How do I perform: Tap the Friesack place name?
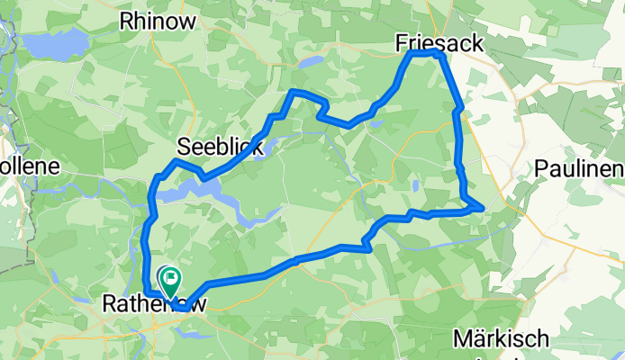click(x=439, y=43)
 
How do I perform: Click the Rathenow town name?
click(x=155, y=304)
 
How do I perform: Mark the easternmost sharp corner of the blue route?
click(x=484, y=209)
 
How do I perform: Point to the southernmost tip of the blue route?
click(x=182, y=309)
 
